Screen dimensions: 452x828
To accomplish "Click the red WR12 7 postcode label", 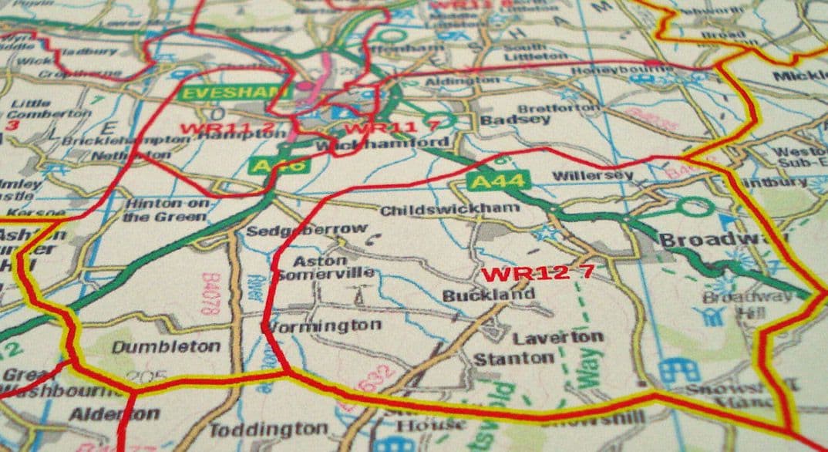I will point(537,273).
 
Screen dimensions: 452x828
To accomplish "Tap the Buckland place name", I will point(488,295).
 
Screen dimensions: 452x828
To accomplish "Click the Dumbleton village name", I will point(166,347).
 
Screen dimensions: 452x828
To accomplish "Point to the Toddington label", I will point(269,429).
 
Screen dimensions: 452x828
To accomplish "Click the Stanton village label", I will point(513,359).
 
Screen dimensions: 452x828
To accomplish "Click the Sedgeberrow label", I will point(307,229).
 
